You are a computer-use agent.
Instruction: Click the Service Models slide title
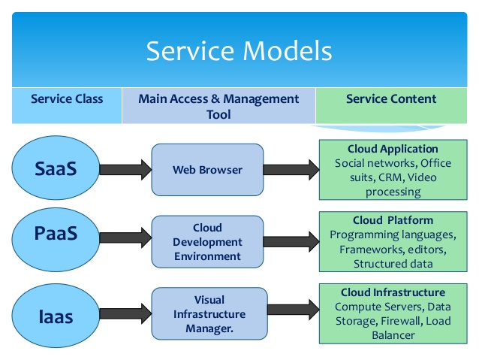point(239,51)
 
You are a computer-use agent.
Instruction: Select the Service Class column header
point(67,99)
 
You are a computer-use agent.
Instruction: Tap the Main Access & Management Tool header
point(218,107)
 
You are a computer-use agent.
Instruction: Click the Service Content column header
point(391,99)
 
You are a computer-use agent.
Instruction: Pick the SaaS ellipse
point(56,169)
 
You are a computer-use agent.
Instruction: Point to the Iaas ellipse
point(56,316)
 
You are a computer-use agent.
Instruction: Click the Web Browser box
point(207,170)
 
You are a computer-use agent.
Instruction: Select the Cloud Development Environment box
point(207,242)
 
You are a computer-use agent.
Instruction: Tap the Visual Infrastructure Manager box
point(209,313)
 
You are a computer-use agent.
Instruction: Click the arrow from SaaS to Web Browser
point(125,169)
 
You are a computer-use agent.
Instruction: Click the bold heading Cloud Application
point(393,149)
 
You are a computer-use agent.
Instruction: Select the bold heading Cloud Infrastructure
point(393,292)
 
